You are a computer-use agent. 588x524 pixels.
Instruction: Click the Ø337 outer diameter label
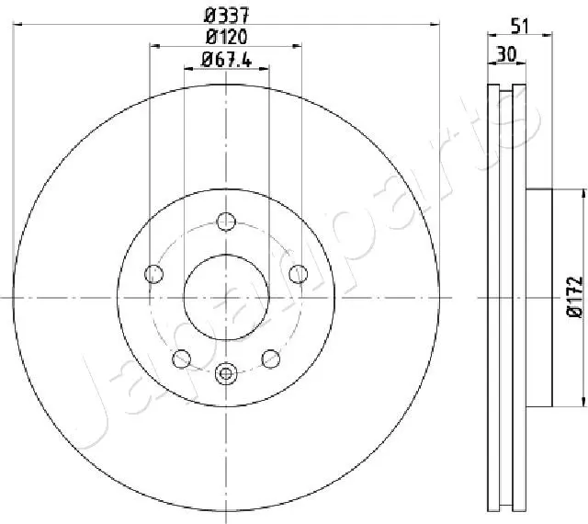click(x=226, y=14)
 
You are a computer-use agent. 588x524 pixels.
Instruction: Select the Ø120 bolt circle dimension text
click(x=226, y=37)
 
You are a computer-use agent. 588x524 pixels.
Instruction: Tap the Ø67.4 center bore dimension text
click(x=226, y=61)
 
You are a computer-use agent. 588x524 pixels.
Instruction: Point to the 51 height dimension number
click(x=520, y=27)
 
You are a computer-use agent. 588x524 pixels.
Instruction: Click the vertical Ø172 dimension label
click(x=574, y=297)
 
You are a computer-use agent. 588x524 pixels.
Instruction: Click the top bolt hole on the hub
click(x=226, y=221)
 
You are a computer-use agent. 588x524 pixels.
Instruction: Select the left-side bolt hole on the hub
click(x=154, y=273)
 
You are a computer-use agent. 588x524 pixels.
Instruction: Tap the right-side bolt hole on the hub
click(x=298, y=273)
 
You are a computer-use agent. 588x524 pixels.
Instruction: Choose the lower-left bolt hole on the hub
click(x=182, y=358)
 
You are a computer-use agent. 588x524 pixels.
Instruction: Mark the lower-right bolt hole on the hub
click(x=270, y=358)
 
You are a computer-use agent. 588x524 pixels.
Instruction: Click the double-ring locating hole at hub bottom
click(x=226, y=373)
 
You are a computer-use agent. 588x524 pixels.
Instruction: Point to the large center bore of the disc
click(x=226, y=296)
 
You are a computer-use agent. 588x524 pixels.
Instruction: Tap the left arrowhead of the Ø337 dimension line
click(x=17, y=25)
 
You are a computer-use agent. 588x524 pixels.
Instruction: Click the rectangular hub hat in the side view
click(x=539, y=297)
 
